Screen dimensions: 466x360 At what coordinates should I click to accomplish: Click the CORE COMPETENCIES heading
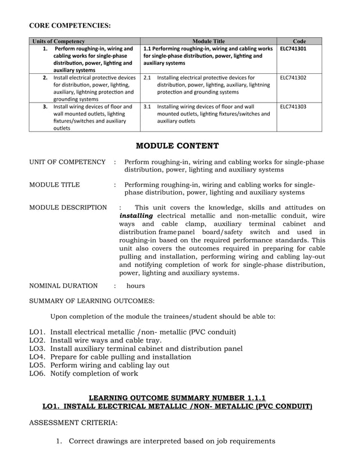70,25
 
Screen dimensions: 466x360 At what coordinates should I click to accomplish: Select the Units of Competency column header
59,41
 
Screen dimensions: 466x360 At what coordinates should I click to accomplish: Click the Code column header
300,41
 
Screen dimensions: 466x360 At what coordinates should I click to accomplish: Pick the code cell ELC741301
293,49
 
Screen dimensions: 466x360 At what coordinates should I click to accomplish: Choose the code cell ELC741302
293,77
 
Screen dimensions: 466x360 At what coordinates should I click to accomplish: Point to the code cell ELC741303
293,106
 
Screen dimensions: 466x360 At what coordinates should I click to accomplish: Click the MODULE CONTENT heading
177,146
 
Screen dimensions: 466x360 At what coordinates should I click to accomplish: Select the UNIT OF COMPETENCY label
67,162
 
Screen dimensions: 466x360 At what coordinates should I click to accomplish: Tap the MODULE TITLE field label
54,184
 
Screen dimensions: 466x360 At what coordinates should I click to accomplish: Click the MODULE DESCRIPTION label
68,208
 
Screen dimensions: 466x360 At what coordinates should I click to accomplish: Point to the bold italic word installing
136,216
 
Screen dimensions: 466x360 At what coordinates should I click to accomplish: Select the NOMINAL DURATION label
63,286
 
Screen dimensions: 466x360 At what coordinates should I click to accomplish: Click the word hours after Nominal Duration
135,286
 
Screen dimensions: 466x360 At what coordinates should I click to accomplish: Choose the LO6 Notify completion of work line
84,373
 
